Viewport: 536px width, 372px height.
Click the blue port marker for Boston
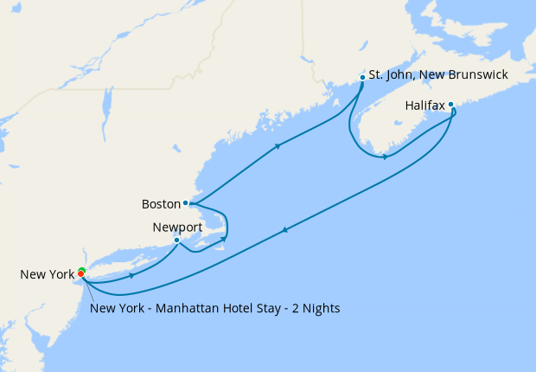point(186,203)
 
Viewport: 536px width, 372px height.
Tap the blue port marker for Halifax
point(450,105)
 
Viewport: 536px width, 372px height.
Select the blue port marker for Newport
point(176,240)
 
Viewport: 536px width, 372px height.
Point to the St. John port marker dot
point(361,76)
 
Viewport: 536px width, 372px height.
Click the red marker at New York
point(81,274)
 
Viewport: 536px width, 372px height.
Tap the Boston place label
point(160,204)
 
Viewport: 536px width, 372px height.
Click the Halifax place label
point(424,106)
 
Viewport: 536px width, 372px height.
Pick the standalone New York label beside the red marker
point(47,275)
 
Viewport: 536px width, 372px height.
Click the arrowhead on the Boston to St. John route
point(277,146)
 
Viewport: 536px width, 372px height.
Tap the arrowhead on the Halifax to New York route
point(285,229)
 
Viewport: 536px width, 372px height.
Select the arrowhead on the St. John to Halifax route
point(384,157)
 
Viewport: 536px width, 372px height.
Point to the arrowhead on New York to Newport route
point(131,275)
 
